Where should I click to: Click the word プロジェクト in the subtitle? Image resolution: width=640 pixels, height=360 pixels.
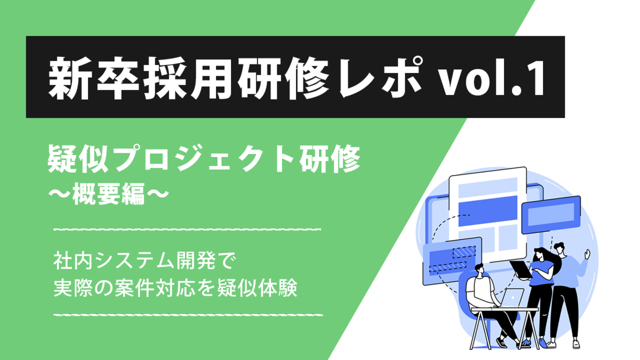click(207, 159)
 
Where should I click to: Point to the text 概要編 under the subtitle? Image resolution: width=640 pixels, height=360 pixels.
click(109, 194)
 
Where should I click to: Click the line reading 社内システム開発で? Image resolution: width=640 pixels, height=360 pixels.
click(145, 261)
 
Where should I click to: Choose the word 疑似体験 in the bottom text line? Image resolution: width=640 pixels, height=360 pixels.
click(257, 288)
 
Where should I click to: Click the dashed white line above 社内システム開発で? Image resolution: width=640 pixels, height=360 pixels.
click(187, 229)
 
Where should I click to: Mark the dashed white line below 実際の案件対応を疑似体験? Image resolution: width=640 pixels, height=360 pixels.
click(188, 315)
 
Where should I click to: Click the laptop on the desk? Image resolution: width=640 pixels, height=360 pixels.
click(511, 299)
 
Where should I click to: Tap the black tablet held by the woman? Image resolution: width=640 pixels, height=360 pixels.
click(521, 269)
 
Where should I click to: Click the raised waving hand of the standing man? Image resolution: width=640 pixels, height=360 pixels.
click(587, 254)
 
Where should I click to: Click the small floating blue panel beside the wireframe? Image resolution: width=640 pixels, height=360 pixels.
click(551, 215)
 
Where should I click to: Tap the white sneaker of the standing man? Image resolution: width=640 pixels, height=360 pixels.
click(577, 344)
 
